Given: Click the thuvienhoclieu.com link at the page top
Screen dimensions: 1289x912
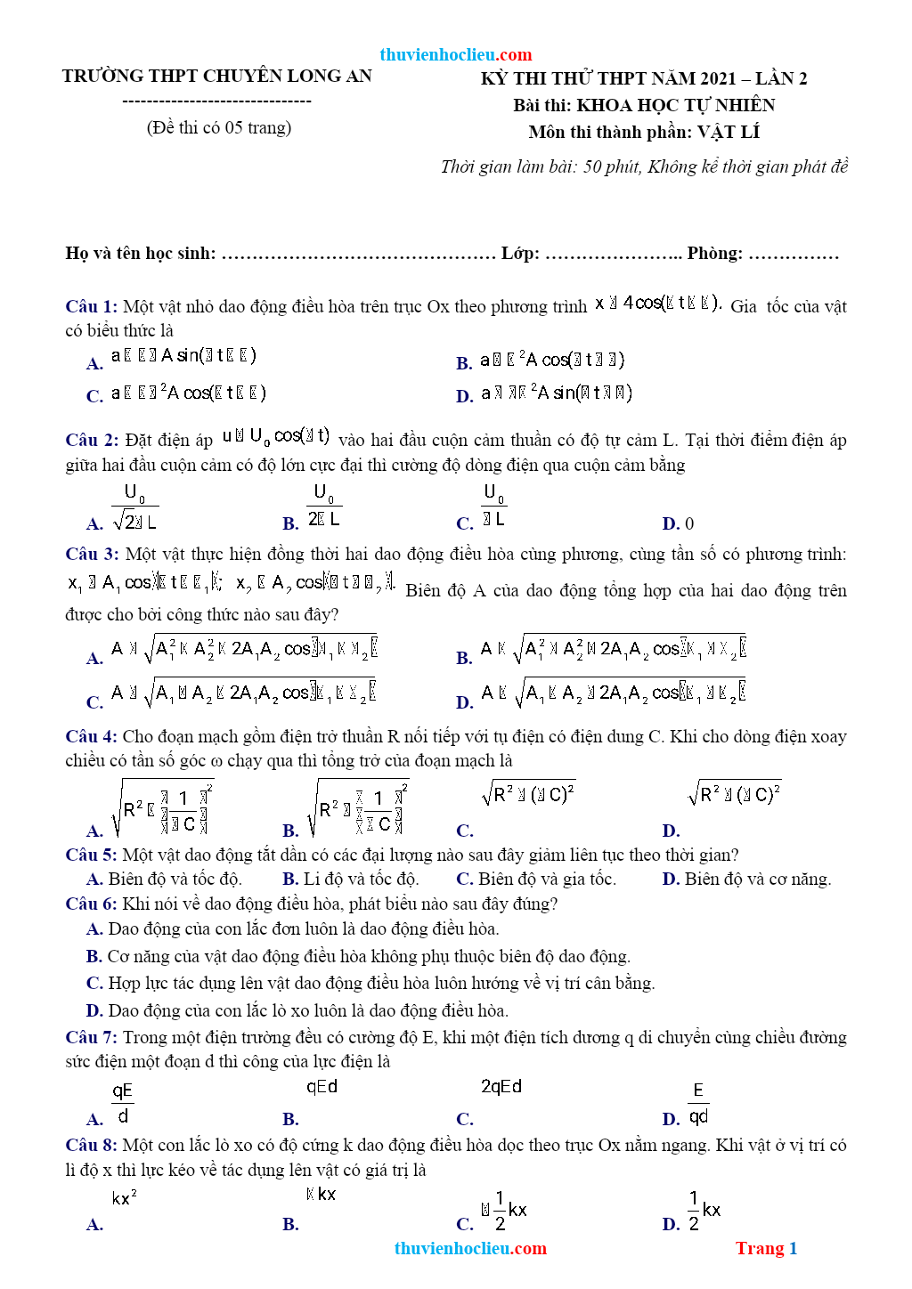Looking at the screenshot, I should tap(455, 54).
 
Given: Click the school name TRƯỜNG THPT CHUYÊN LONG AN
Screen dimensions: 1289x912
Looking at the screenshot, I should tap(216, 76).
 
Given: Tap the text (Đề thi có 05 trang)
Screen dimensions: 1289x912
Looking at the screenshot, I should tap(219, 127).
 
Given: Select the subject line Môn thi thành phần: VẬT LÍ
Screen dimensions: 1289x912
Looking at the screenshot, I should tap(644, 132).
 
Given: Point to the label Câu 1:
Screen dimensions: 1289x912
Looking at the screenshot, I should tap(91, 306).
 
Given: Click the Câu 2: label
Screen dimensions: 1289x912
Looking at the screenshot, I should tap(91, 440).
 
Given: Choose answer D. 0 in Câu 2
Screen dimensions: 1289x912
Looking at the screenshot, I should tap(678, 523).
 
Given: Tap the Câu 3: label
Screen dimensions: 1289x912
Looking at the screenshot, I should tap(91, 554).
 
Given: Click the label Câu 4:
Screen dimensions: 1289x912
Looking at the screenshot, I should tap(91, 736).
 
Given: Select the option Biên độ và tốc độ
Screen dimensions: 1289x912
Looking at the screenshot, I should tap(174, 879).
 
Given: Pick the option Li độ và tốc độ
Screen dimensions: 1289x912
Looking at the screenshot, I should tap(361, 879).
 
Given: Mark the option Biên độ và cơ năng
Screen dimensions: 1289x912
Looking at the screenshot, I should tap(757, 879).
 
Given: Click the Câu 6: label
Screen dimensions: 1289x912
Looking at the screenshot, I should tap(91, 904).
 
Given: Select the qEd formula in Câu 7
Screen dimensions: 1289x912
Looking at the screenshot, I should tap(322, 1087).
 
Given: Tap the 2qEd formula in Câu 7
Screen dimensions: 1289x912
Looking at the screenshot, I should tap(501, 1087).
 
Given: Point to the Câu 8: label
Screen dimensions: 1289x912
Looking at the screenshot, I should tap(91, 1145).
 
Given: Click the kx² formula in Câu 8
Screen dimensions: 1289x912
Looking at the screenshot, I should tap(124, 1198).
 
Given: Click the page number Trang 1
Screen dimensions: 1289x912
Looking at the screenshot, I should tap(766, 1248).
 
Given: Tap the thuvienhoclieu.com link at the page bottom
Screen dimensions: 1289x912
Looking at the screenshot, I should tap(470, 1248).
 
